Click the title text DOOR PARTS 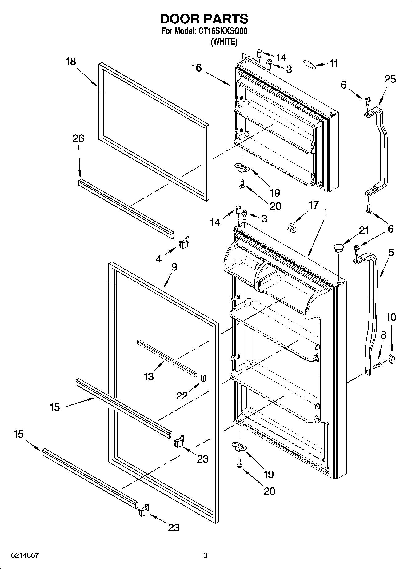click(204, 19)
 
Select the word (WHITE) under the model click(224, 42)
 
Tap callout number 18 click(71, 62)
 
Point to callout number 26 click(78, 138)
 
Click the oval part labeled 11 click(309, 64)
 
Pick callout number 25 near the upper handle click(390, 79)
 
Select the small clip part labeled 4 click(184, 243)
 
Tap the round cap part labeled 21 click(338, 247)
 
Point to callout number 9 click(174, 267)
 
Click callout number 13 click(149, 376)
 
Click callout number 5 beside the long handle click(391, 253)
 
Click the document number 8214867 click(25, 555)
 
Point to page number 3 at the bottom click(205, 555)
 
